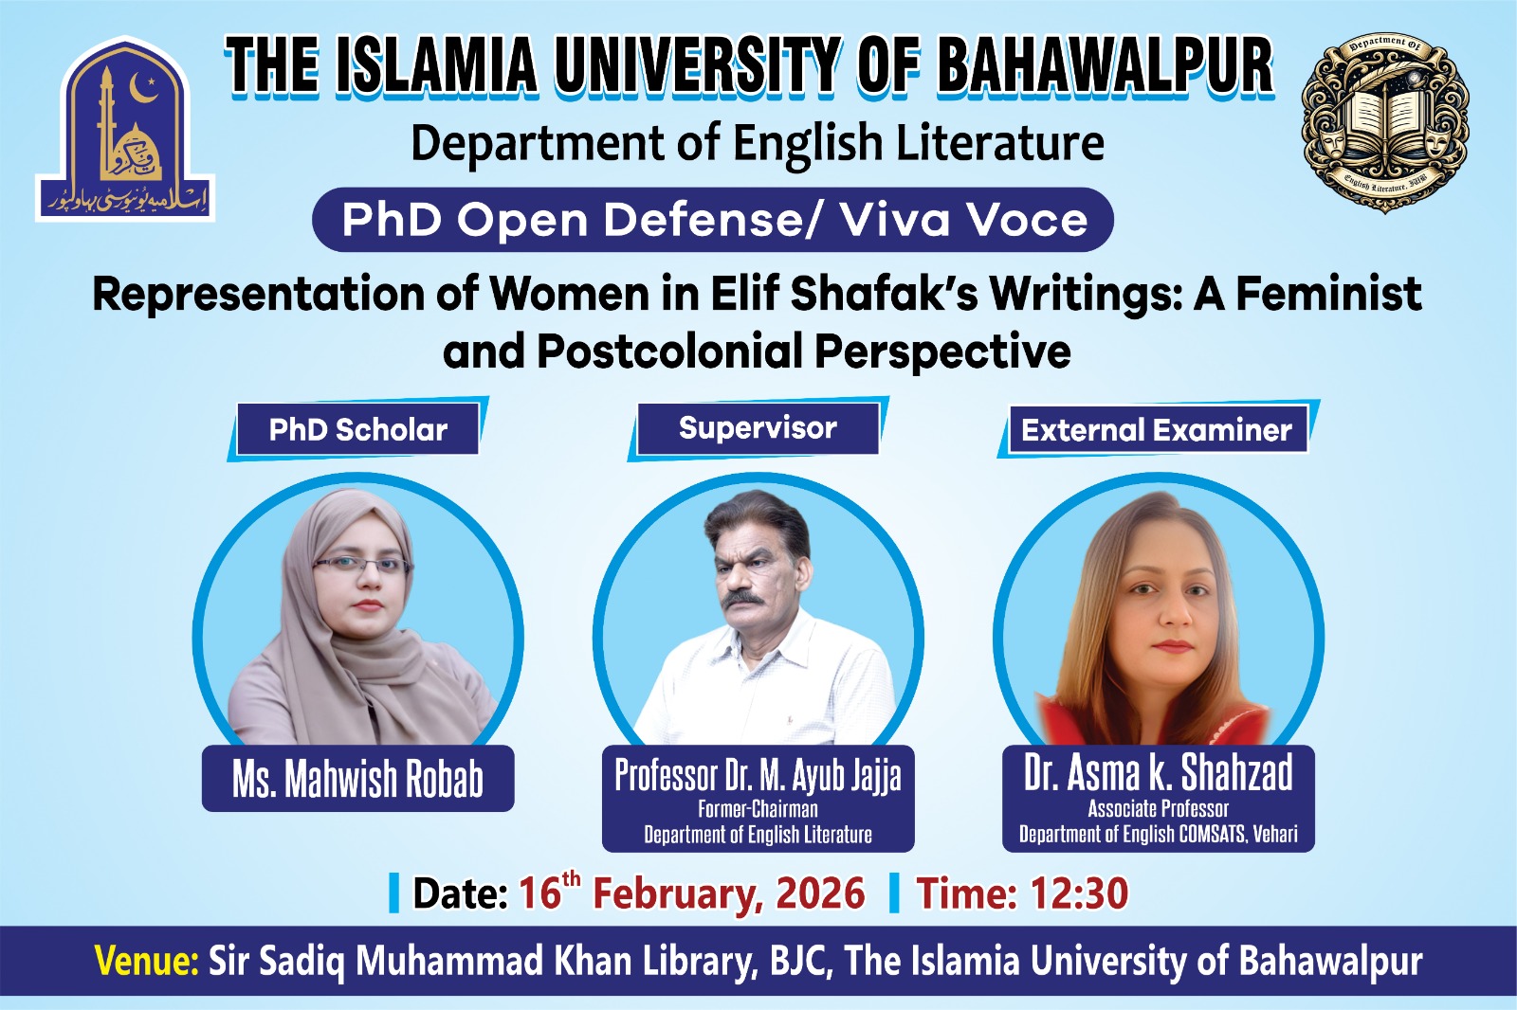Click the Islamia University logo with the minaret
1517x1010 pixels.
(x=125, y=131)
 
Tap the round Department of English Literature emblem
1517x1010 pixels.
(x=1385, y=122)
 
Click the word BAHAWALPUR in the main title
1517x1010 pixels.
(x=1105, y=66)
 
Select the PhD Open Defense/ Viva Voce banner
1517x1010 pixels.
(x=713, y=220)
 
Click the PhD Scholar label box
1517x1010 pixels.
(x=357, y=429)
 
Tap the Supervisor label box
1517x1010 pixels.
(x=758, y=428)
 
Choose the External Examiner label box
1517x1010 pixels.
(x=1156, y=430)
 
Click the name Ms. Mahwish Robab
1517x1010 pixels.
(x=357, y=779)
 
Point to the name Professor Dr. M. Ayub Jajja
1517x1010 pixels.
(x=758, y=775)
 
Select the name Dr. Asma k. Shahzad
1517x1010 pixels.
(x=1158, y=772)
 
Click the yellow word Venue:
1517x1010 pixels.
(x=146, y=961)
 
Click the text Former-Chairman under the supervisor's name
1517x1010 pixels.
(x=758, y=809)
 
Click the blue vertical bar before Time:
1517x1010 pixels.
(x=893, y=893)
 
